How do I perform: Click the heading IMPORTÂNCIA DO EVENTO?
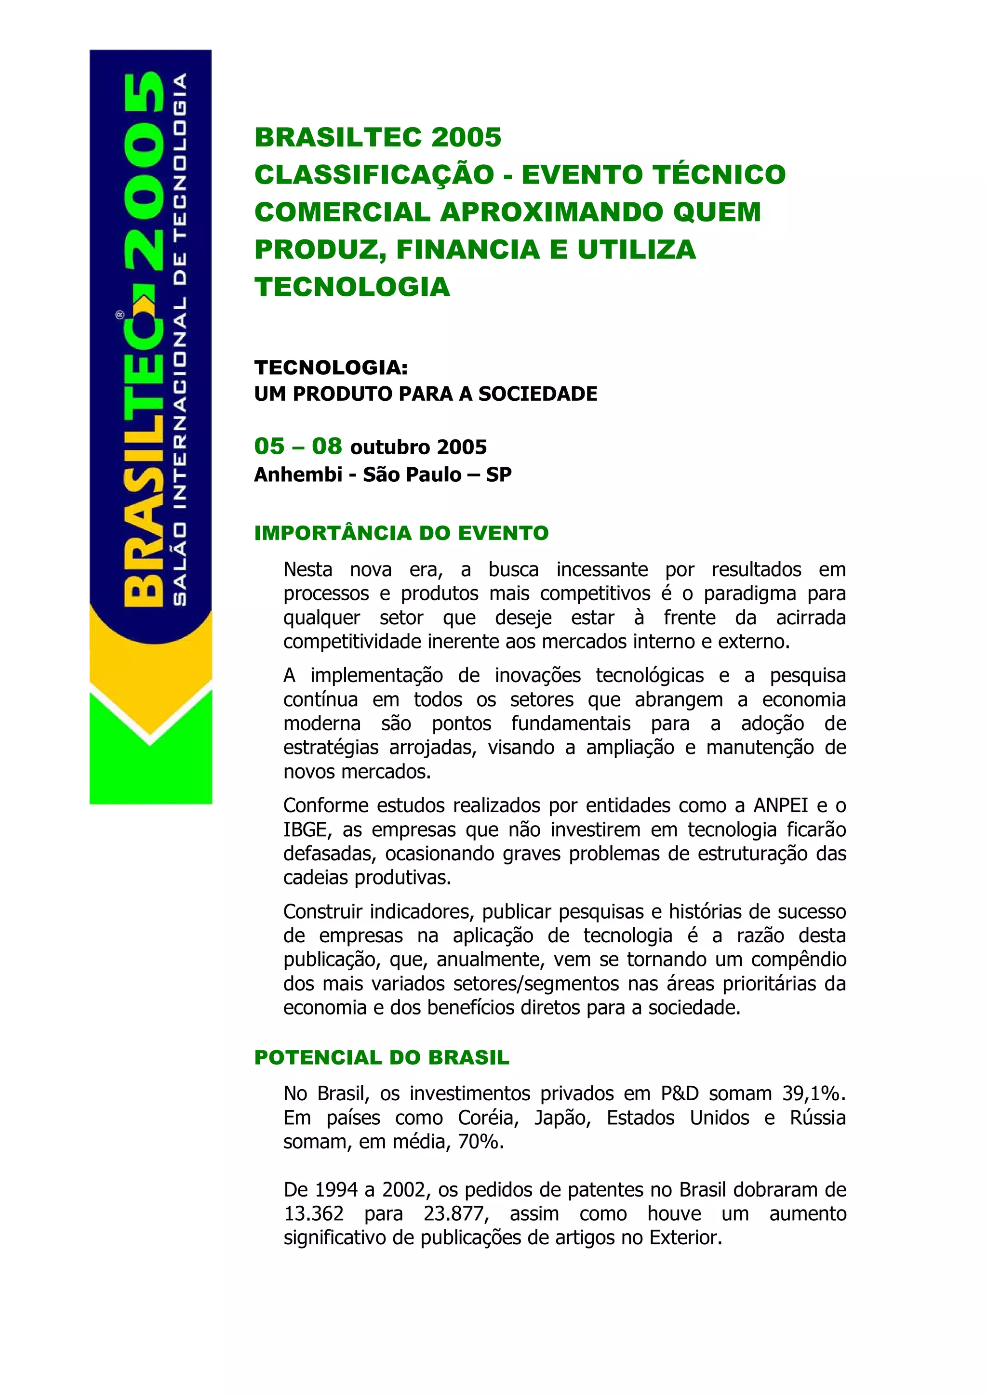pos(401,533)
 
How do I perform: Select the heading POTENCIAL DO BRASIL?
pos(381,1057)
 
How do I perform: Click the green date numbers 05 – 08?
pos(298,446)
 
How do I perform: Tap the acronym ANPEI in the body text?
pos(781,805)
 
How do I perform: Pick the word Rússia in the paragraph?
pos(817,1118)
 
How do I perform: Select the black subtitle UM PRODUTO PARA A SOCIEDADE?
pos(426,394)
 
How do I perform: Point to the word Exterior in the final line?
pos(685,1238)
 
